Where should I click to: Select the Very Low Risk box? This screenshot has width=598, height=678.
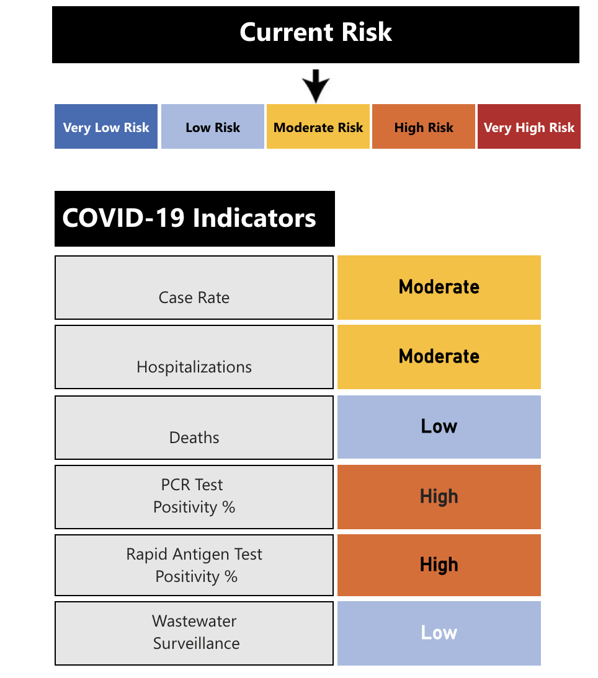[x=106, y=127]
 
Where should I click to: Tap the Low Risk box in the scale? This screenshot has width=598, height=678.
[x=213, y=127]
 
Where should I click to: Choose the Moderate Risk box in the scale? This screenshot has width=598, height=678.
[x=318, y=127]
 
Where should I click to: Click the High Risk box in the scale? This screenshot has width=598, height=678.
[x=424, y=127]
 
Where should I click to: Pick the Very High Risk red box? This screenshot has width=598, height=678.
[x=529, y=127]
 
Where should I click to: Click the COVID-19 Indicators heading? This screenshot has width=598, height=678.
[x=194, y=219]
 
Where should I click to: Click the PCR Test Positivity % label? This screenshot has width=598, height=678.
[x=194, y=496]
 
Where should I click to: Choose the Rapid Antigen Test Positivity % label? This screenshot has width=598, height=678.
[x=194, y=565]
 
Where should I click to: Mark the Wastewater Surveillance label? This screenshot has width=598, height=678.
[x=194, y=633]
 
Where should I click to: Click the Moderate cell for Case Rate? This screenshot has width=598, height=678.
[x=439, y=288]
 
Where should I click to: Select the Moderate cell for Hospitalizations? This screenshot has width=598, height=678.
[x=439, y=357]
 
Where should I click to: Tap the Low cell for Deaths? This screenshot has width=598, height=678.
[x=439, y=427]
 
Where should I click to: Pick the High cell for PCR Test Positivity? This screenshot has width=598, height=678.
[x=439, y=496]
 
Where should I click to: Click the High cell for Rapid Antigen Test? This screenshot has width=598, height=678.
[x=439, y=565]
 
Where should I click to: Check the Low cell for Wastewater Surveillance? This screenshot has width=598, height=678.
[x=439, y=633]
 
